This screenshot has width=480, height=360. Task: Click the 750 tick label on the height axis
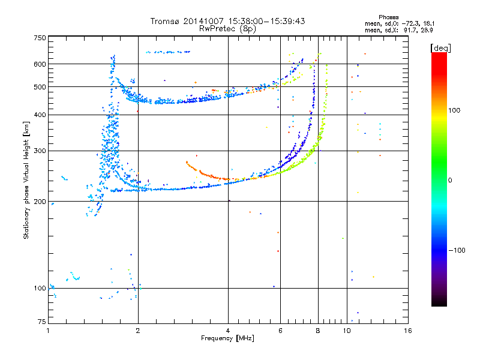(40, 38)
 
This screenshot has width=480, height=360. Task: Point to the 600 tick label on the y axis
(40, 64)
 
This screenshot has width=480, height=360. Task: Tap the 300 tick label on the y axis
(40, 151)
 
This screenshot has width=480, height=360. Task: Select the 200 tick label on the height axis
(40, 202)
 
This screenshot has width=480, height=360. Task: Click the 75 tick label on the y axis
(42, 322)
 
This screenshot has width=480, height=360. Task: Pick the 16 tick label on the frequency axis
(408, 331)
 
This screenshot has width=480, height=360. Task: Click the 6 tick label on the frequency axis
(280, 331)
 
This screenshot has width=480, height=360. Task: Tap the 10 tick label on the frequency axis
(347, 331)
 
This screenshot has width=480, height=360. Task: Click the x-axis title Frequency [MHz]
(228, 338)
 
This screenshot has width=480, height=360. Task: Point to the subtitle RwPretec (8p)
(227, 29)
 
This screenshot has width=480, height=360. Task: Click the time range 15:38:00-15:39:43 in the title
(267, 21)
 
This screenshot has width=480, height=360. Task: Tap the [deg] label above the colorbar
(440, 48)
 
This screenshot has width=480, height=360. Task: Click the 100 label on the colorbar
(454, 110)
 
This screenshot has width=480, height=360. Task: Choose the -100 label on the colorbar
(457, 250)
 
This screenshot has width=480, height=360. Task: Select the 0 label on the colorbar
(450, 181)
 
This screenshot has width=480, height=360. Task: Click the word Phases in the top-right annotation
(389, 17)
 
